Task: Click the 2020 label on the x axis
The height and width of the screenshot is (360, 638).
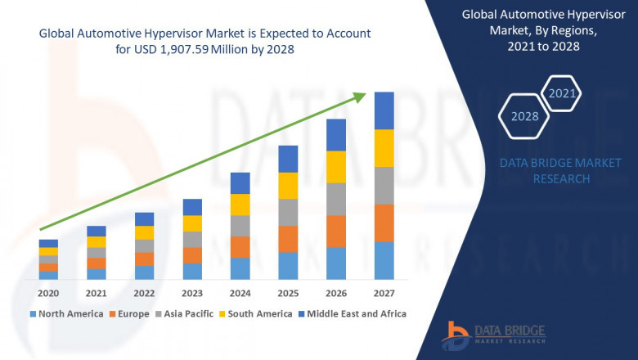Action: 48,293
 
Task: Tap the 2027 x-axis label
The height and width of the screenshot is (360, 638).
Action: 384,293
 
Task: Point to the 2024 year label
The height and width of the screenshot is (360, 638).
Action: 240,293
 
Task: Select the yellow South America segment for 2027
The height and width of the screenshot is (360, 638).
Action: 384,148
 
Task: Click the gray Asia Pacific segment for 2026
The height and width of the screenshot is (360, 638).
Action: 336,199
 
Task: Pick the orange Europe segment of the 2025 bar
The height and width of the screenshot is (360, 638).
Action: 288,239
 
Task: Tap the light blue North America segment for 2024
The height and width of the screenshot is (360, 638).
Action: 240,269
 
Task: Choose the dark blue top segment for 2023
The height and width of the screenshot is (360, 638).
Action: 192,207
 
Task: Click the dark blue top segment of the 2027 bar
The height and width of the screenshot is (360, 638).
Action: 384,110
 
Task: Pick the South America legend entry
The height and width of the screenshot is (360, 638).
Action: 258,313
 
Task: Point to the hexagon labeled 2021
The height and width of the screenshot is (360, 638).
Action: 563,93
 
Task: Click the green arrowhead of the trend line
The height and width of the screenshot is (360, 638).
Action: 359,98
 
